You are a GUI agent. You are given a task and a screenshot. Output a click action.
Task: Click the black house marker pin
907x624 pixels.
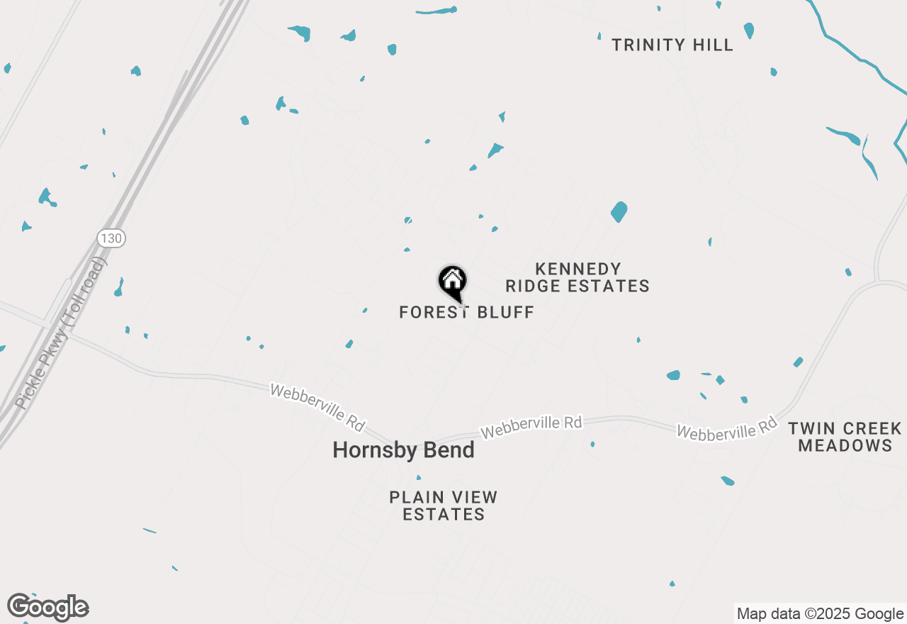(452, 282)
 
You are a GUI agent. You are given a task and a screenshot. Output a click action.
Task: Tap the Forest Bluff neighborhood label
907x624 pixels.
(466, 313)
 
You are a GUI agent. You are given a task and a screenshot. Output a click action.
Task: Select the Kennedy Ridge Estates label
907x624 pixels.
(578, 278)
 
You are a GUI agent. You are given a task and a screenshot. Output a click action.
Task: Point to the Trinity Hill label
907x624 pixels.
(672, 45)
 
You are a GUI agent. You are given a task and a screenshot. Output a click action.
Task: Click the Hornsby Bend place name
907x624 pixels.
(403, 450)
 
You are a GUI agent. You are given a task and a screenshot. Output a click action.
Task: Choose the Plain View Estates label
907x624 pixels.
(444, 506)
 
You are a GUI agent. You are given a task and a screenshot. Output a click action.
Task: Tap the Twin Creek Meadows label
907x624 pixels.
(845, 437)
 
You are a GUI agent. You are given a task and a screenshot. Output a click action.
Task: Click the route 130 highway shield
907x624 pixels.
(111, 238)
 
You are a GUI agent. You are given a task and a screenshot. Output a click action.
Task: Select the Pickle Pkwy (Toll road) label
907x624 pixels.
(61, 333)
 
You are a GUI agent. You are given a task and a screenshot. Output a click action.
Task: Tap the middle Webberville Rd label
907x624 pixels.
(531, 428)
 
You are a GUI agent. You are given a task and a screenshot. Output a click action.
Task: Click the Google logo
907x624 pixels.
(48, 607)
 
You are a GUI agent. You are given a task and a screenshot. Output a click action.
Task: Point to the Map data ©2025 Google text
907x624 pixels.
(820, 614)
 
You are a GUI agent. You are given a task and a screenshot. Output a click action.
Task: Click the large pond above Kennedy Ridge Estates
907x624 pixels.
(619, 211)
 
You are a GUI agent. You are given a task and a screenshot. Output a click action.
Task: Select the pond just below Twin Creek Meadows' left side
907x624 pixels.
(728, 481)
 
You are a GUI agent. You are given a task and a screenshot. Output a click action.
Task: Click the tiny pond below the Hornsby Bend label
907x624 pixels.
(418, 477)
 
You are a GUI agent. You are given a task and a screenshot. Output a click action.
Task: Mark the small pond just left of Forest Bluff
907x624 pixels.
(365, 310)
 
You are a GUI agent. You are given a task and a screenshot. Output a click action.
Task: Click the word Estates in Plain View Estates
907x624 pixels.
(444, 515)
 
